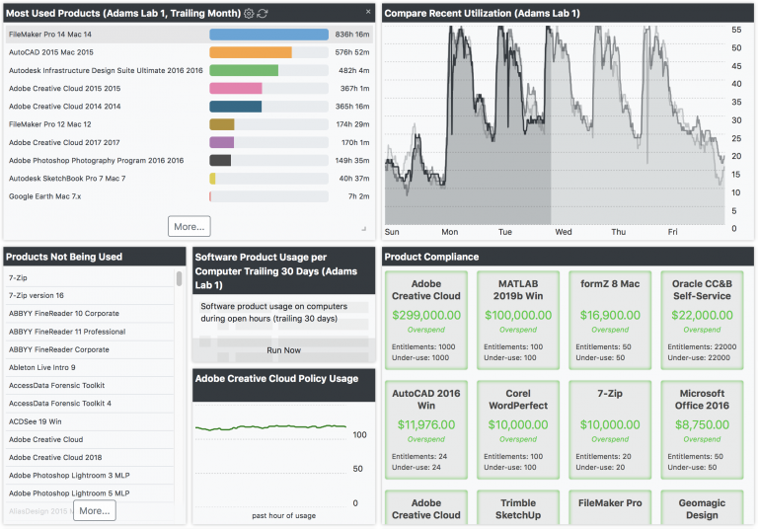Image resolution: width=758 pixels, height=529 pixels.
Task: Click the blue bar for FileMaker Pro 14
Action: click(268, 34)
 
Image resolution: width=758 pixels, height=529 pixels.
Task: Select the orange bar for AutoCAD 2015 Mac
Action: click(251, 52)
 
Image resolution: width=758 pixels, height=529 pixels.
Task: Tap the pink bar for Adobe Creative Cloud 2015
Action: click(236, 88)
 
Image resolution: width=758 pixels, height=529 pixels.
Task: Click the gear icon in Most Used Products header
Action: click(249, 13)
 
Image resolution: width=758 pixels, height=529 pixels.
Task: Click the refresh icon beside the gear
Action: click(263, 13)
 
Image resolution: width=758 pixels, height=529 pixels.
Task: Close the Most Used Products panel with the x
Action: click(368, 12)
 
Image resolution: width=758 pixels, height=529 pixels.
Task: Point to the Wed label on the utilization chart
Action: click(564, 232)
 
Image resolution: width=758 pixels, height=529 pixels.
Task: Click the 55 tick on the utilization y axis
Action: click(735, 31)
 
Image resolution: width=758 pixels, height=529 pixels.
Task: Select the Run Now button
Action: click(283, 349)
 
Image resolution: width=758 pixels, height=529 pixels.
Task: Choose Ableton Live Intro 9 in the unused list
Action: click(42, 367)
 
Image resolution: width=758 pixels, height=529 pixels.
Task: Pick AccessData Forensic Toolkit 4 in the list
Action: click(60, 404)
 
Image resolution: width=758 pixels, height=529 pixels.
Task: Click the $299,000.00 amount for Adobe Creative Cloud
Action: click(425, 315)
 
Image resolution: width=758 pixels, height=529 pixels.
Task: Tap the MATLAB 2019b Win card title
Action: click(517, 290)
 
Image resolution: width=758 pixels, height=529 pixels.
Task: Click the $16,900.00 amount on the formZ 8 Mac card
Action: click(609, 315)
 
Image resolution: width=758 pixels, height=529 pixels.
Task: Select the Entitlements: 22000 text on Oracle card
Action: click(695, 346)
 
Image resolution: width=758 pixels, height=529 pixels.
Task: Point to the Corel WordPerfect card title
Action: click(517, 400)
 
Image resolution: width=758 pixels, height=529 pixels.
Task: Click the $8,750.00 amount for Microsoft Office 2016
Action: click(702, 424)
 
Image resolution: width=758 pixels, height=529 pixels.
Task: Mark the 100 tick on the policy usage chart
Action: click(360, 434)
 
